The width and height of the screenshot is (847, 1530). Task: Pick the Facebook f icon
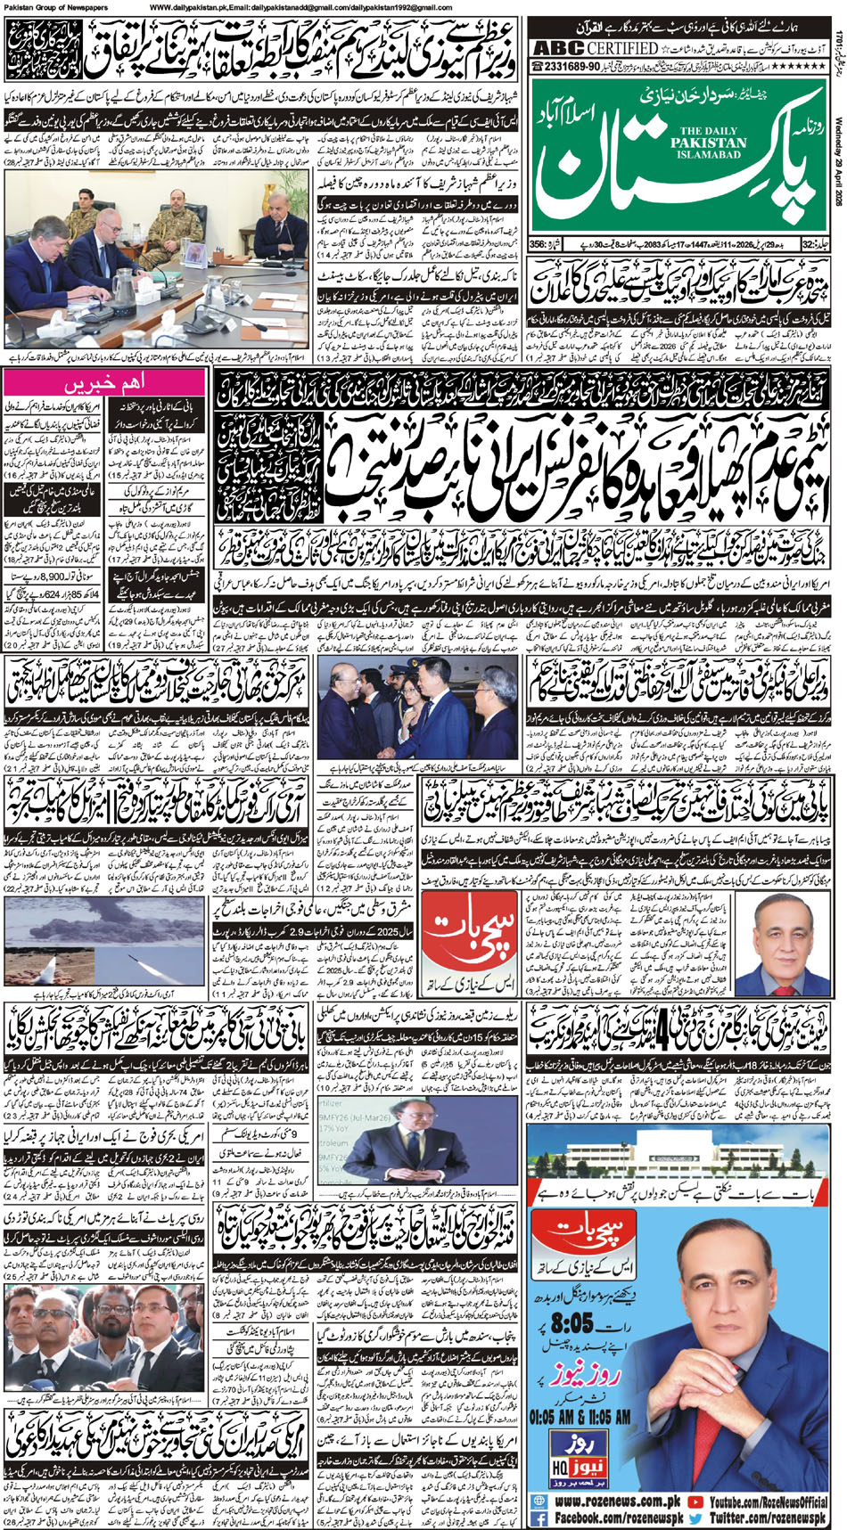tap(539, 1518)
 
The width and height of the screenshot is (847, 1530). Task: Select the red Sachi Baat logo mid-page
tap(464, 946)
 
